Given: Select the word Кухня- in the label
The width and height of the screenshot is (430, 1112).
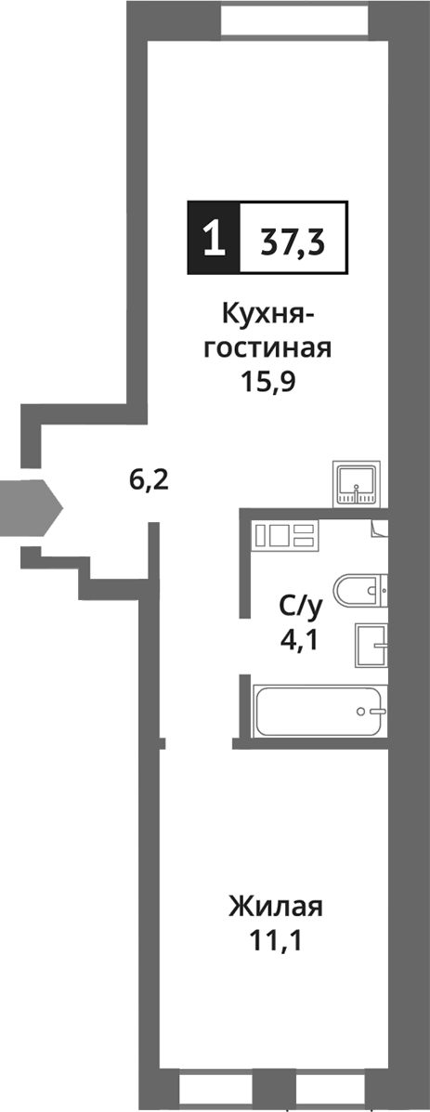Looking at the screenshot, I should tap(267, 317).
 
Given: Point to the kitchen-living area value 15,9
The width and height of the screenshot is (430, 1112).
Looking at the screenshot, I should tap(267, 382).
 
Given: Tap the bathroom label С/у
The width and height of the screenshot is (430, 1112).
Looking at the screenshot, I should tap(301, 608).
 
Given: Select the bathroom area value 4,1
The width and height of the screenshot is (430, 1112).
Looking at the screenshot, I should tap(301, 640).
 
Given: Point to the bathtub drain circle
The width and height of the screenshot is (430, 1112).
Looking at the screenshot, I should tap(364, 712).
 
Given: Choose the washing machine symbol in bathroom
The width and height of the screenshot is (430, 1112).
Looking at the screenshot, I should tap(284, 535).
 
